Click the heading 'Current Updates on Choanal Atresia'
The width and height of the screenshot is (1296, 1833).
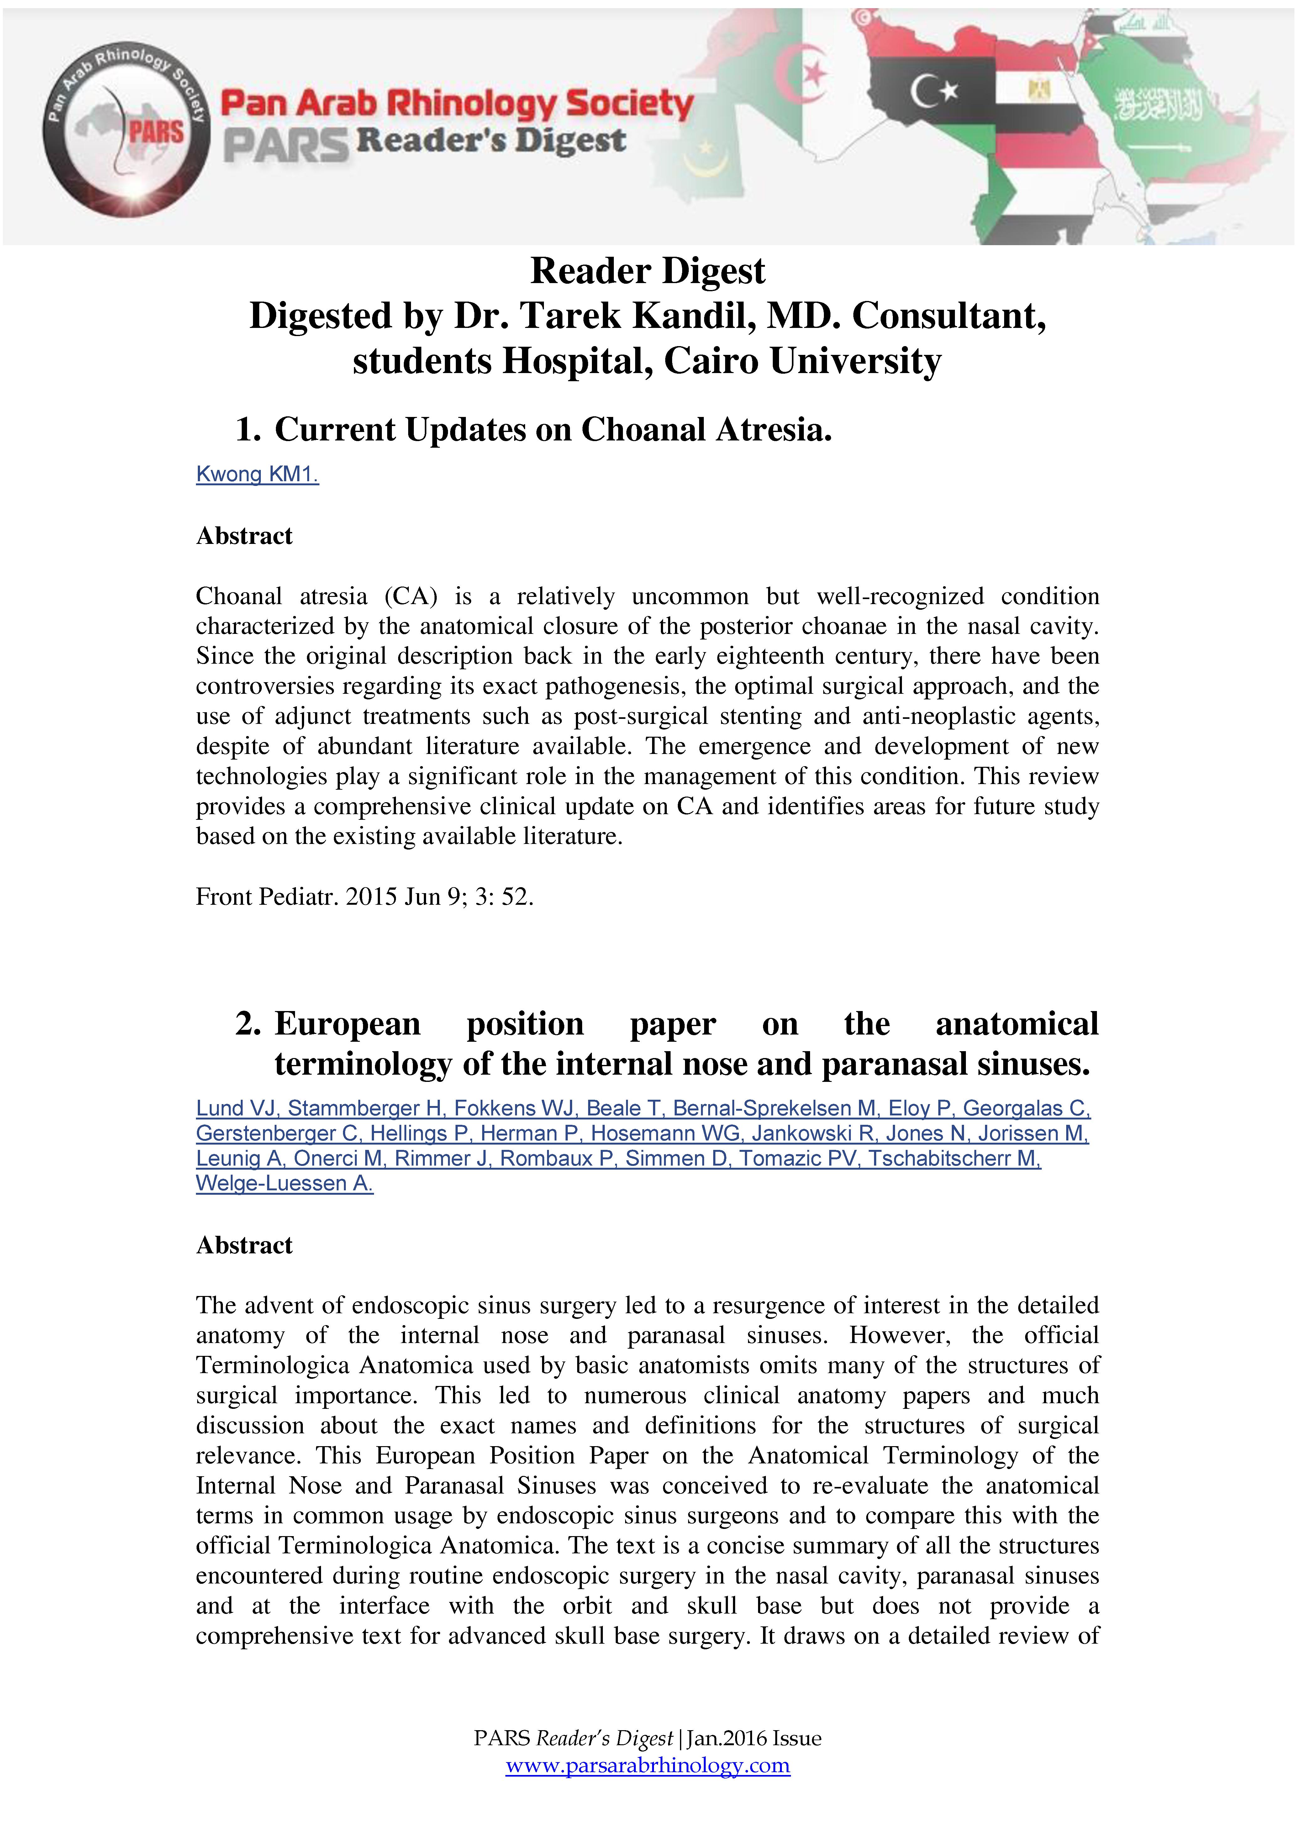click(x=553, y=429)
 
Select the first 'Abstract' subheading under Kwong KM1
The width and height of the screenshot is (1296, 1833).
click(x=244, y=536)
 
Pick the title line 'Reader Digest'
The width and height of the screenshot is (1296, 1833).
click(x=648, y=271)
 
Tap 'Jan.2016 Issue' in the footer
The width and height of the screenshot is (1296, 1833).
click(x=754, y=1738)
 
